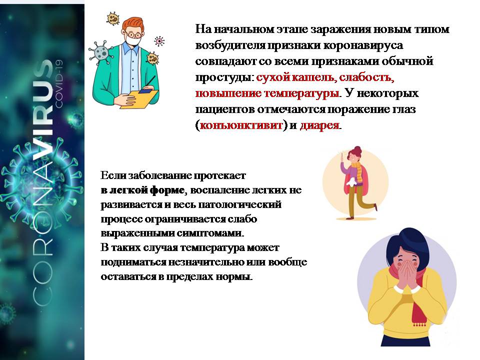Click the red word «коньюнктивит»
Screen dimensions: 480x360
(241, 125)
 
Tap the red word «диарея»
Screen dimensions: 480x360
(319, 125)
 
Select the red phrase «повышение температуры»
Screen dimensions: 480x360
(267, 93)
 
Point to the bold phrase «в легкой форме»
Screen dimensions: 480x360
(142, 190)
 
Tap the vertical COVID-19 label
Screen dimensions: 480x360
(58, 83)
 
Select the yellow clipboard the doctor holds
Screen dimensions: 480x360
(139, 99)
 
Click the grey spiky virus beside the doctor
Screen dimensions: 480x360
(100, 52)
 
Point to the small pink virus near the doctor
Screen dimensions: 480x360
(159, 41)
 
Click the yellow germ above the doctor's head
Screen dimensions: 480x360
(112, 18)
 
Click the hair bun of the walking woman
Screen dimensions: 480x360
(358, 149)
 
